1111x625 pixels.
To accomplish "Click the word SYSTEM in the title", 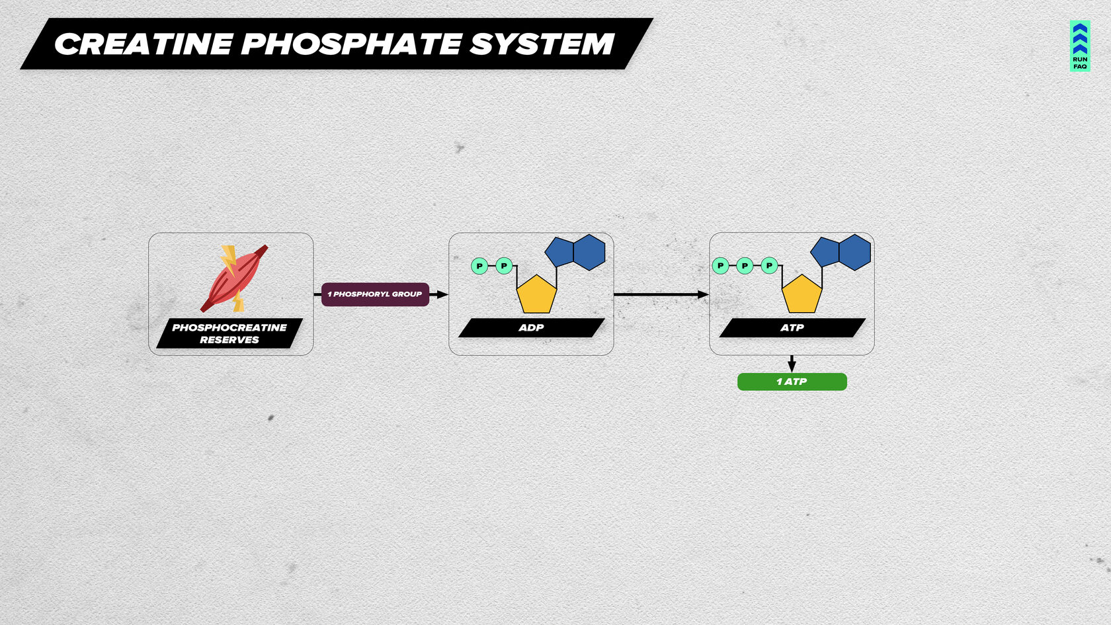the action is point(542,44).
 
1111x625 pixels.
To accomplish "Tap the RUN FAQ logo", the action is point(1079,46).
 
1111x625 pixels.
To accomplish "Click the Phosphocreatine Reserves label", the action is point(229,333).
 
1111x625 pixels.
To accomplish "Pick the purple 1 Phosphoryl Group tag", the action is point(375,294).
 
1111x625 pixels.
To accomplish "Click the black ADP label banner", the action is point(531,328).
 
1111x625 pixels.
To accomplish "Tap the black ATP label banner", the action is point(792,328).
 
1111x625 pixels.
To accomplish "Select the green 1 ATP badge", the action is point(792,382).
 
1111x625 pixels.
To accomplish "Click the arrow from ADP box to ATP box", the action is point(661,294).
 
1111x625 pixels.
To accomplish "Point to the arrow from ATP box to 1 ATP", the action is point(792,364).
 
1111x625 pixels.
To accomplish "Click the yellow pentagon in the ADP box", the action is point(536,296).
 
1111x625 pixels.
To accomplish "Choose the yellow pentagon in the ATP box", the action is point(802,296).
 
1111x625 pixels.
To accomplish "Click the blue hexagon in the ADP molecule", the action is point(589,252).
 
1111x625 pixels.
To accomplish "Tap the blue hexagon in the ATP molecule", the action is point(854,252).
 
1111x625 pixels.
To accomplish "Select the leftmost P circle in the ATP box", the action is point(720,266).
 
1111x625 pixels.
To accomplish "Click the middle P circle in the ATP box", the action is point(745,266).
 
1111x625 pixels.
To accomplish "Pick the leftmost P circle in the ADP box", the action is point(479,266).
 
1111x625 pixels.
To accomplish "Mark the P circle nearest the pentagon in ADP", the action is point(504,266).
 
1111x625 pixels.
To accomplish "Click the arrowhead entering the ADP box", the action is point(442,294).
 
